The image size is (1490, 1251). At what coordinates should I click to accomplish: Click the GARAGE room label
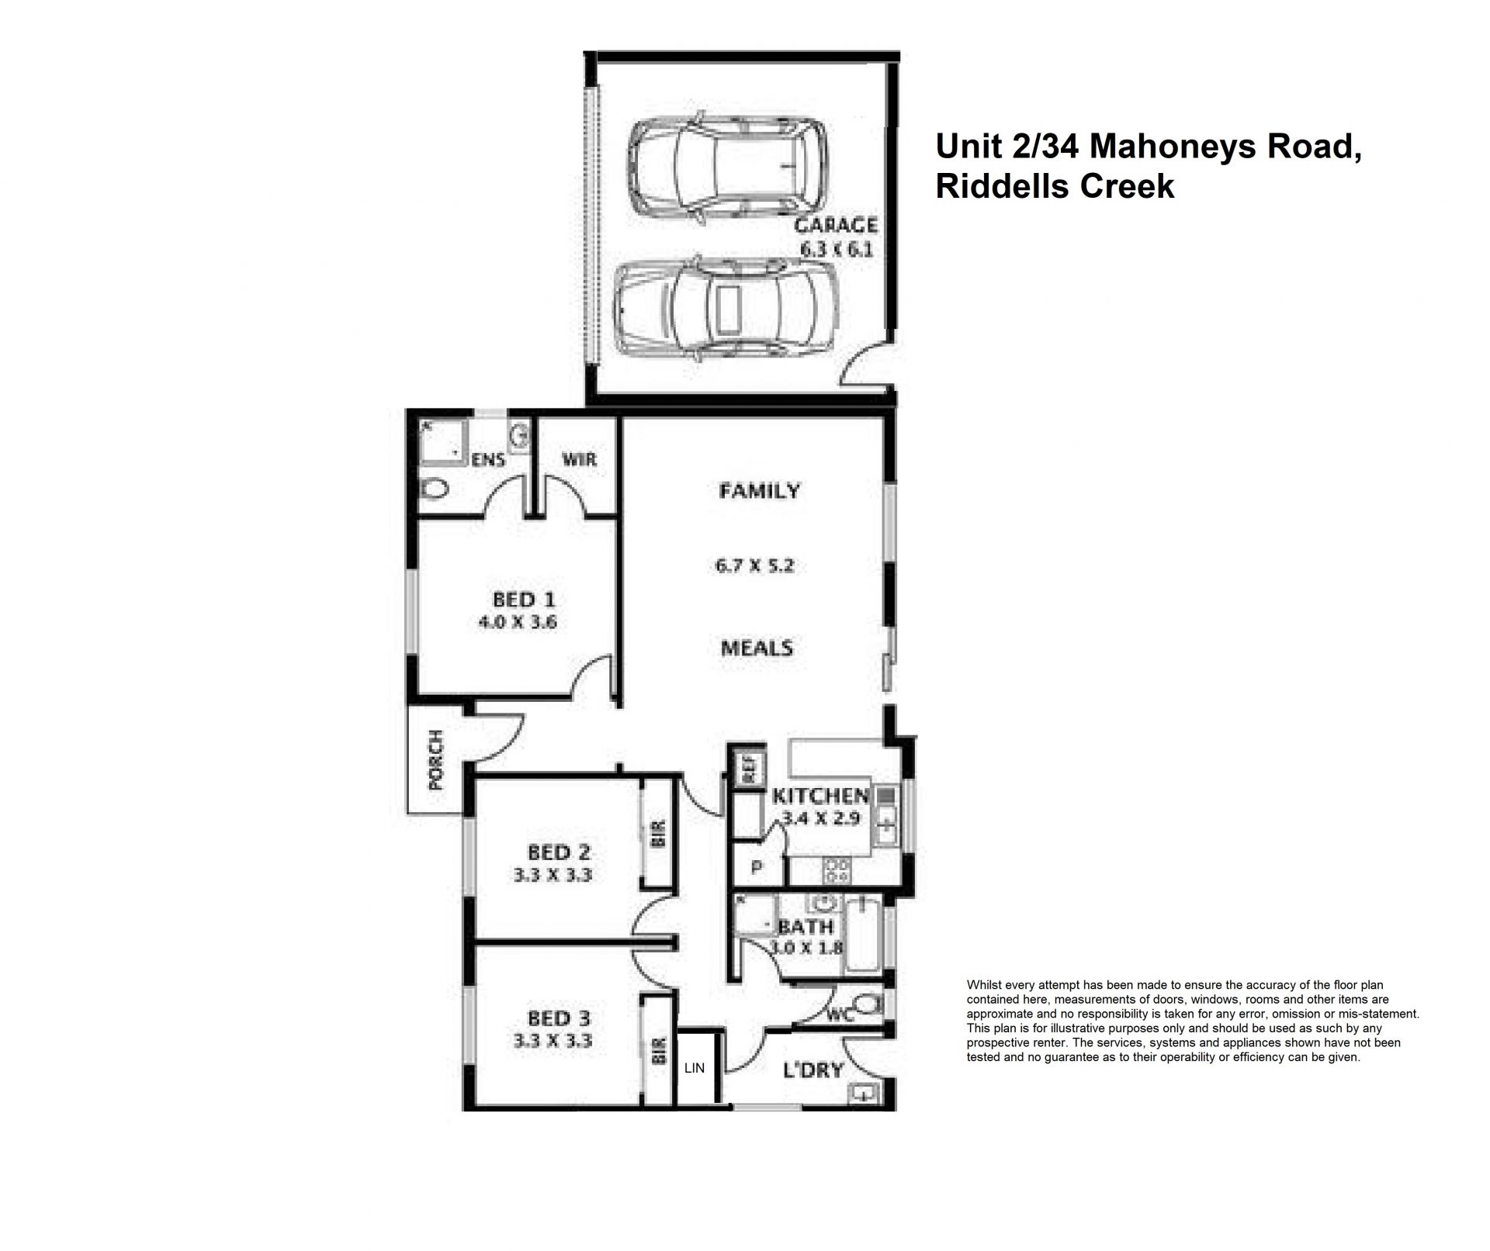(836, 226)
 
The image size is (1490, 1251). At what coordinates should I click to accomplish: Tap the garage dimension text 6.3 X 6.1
(837, 250)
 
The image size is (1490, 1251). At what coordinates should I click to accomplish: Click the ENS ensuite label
(490, 460)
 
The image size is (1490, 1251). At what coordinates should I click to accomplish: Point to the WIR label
(580, 459)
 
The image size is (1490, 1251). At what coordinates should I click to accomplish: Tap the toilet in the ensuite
(434, 489)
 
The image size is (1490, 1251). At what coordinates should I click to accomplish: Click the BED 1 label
(524, 600)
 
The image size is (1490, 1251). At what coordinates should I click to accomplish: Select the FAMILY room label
(759, 491)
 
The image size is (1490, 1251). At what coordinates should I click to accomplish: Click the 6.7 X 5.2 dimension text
(755, 566)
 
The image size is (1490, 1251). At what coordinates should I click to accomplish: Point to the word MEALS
(757, 648)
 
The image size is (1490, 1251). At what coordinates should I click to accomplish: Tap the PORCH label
(436, 759)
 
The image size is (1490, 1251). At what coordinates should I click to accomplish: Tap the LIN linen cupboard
(695, 1067)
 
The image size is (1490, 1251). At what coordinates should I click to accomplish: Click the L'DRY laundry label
(813, 1071)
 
